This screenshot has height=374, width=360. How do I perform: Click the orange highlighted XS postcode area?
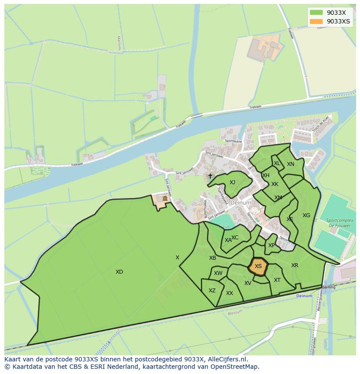(x=258, y=266)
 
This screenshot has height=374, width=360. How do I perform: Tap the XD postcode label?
(x=119, y=272)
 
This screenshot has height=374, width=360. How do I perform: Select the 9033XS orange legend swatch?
(x=316, y=21)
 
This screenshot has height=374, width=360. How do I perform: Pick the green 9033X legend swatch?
(x=316, y=13)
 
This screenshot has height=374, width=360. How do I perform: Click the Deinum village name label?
(x=240, y=203)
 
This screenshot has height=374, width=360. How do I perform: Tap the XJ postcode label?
(x=232, y=182)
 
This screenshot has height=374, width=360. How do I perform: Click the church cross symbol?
(x=210, y=176)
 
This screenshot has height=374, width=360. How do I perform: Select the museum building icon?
(x=164, y=199)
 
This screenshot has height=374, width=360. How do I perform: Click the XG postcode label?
(x=307, y=215)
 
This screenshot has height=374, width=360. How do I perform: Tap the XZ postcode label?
(x=212, y=291)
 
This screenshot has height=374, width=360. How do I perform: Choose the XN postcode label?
(x=290, y=164)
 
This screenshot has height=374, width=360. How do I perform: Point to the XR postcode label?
(x=295, y=265)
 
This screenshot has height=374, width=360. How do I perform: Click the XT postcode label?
(x=277, y=280)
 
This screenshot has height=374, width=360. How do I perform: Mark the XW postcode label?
(x=218, y=273)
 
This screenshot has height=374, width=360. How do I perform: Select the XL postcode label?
(x=277, y=163)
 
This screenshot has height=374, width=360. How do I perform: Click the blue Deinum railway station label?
(x=304, y=296)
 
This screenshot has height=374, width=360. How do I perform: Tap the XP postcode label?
(x=271, y=245)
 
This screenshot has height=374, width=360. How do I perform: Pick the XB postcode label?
(x=213, y=258)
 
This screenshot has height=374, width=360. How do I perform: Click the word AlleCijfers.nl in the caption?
(x=227, y=360)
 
